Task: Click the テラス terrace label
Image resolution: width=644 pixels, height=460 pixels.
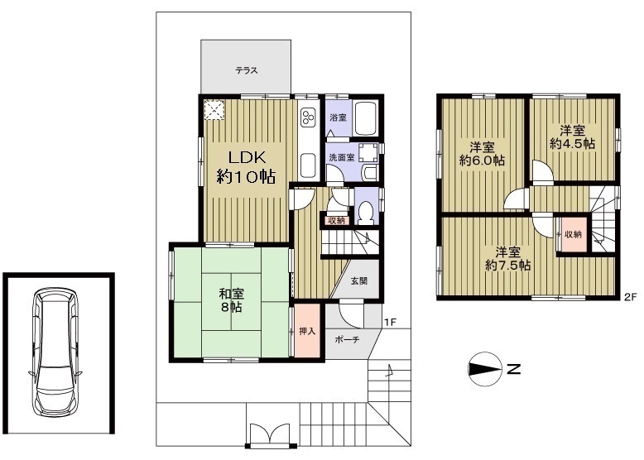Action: [247, 70]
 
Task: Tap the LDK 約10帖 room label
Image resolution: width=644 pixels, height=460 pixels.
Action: [246, 167]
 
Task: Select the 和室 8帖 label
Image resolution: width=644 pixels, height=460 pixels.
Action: [231, 300]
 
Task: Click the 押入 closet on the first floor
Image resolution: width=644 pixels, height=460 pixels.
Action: [307, 330]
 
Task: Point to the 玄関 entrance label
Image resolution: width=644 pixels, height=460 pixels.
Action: [358, 281]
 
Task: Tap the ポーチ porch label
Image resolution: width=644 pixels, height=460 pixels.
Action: [347, 340]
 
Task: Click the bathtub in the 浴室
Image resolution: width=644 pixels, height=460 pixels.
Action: [366, 118]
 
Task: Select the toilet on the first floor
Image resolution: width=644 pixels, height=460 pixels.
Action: [365, 212]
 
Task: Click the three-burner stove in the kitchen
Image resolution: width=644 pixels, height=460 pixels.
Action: [308, 117]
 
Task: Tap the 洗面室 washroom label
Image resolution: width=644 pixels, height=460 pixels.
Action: [342, 157]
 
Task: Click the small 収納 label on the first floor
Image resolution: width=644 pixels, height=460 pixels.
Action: [336, 221]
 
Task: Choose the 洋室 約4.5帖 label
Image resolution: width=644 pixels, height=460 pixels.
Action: [573, 137]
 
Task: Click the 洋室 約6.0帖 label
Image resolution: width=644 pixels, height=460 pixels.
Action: [482, 153]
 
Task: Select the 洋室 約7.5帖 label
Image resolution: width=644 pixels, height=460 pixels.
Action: [508, 258]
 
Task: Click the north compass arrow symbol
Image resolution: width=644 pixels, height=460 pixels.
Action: [485, 369]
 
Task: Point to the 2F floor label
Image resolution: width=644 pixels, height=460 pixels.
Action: [630, 297]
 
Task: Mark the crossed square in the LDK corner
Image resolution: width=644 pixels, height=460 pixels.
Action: [214, 110]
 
